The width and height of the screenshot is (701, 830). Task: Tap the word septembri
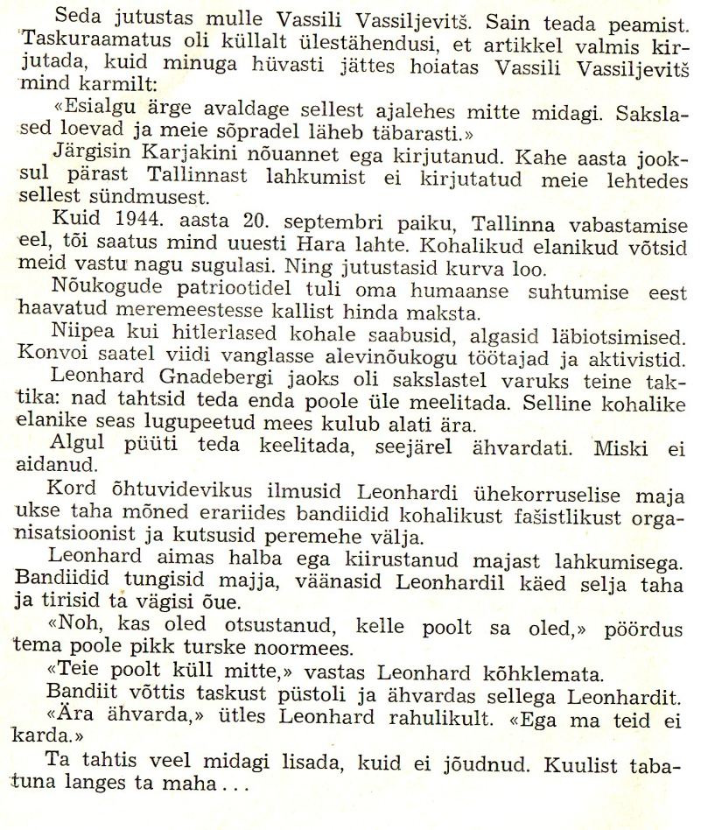[x=297, y=215]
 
